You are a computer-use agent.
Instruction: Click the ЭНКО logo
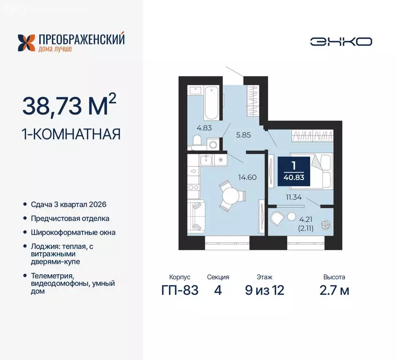(x=341, y=41)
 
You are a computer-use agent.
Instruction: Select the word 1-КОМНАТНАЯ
(x=71, y=134)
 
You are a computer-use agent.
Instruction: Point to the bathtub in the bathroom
(x=211, y=103)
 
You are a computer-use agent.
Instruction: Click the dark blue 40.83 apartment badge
(x=294, y=171)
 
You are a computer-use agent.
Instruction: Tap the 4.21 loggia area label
(x=306, y=218)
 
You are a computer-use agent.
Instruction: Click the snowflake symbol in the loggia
(x=323, y=225)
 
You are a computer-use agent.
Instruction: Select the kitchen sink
(x=206, y=160)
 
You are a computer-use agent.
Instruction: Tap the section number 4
(x=217, y=291)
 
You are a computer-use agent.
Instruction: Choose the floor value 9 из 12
(x=264, y=291)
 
